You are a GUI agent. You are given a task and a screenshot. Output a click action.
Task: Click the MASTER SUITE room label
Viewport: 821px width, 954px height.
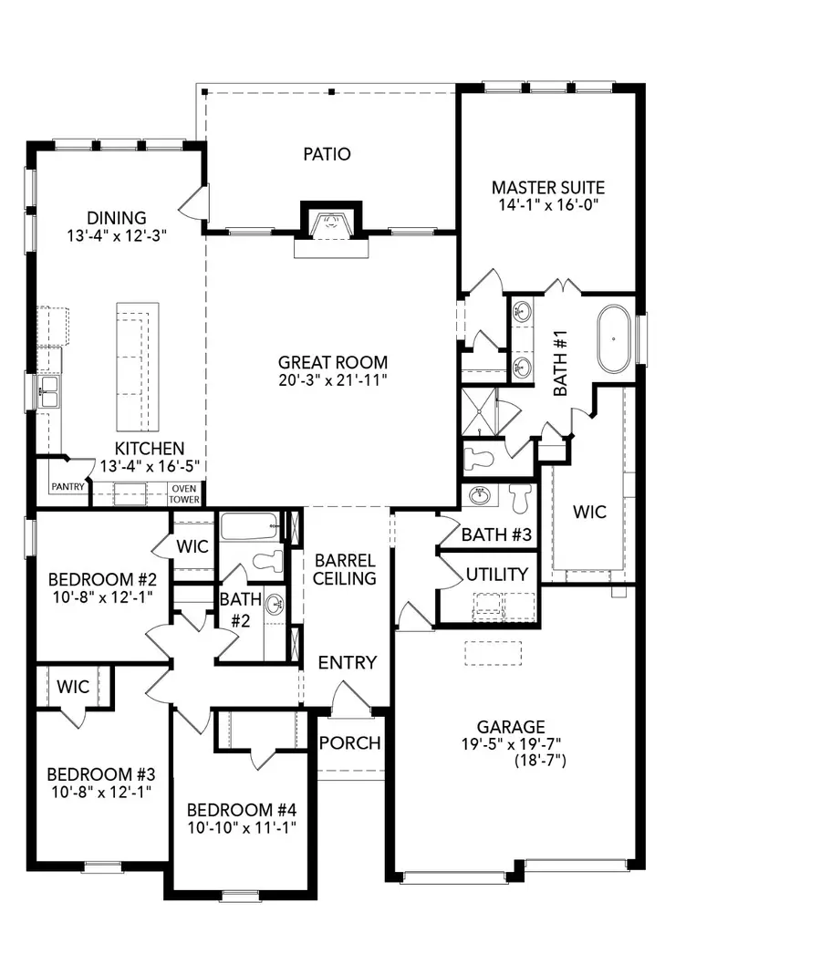point(547,188)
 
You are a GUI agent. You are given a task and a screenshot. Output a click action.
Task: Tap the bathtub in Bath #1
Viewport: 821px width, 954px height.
point(616,338)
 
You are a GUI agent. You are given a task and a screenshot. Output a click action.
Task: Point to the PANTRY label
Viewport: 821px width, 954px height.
point(68,487)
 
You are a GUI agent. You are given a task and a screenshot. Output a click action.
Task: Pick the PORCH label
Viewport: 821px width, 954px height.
point(349,742)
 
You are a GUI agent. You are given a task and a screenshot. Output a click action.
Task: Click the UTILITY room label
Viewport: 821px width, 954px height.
point(496,574)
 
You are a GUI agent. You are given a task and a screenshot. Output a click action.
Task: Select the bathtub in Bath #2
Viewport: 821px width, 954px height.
point(249,526)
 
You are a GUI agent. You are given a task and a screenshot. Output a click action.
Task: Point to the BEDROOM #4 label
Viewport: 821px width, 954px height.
point(242,810)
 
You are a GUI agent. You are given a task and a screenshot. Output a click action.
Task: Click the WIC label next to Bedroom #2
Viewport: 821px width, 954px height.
point(192,547)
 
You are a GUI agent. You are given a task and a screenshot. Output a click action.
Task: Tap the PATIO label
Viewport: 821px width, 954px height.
point(327,154)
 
